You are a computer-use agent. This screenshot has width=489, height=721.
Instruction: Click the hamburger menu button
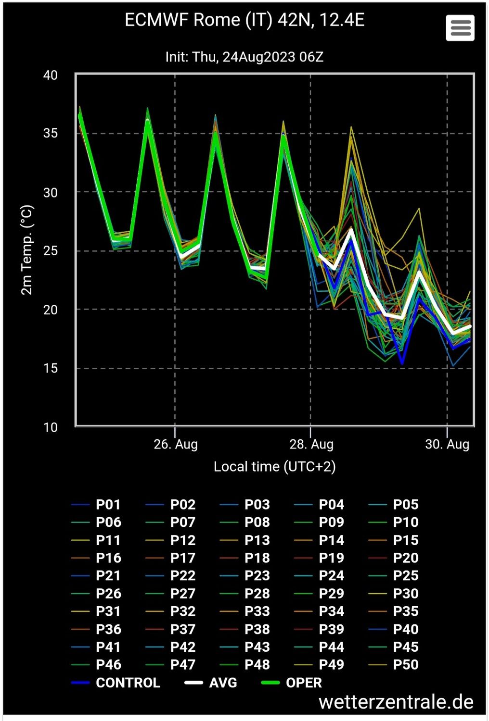click(460, 28)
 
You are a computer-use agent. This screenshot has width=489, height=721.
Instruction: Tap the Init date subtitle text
click(244, 57)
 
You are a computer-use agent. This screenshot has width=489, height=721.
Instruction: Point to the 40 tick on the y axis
click(50, 75)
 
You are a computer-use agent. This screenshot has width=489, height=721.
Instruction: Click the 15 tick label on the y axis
click(50, 368)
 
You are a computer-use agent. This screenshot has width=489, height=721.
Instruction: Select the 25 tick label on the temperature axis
click(50, 251)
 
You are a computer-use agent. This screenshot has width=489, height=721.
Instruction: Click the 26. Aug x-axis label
click(176, 444)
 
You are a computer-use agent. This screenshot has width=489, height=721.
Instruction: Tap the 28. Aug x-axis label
click(311, 444)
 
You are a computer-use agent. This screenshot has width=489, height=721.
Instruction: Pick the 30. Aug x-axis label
click(447, 444)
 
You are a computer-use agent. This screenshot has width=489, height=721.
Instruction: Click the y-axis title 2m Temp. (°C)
click(27, 250)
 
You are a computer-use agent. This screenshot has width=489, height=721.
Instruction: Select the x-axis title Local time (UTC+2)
click(274, 467)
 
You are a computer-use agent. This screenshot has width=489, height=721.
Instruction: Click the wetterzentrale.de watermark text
click(396, 702)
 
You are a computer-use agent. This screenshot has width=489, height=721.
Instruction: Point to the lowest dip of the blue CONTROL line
click(402, 363)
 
